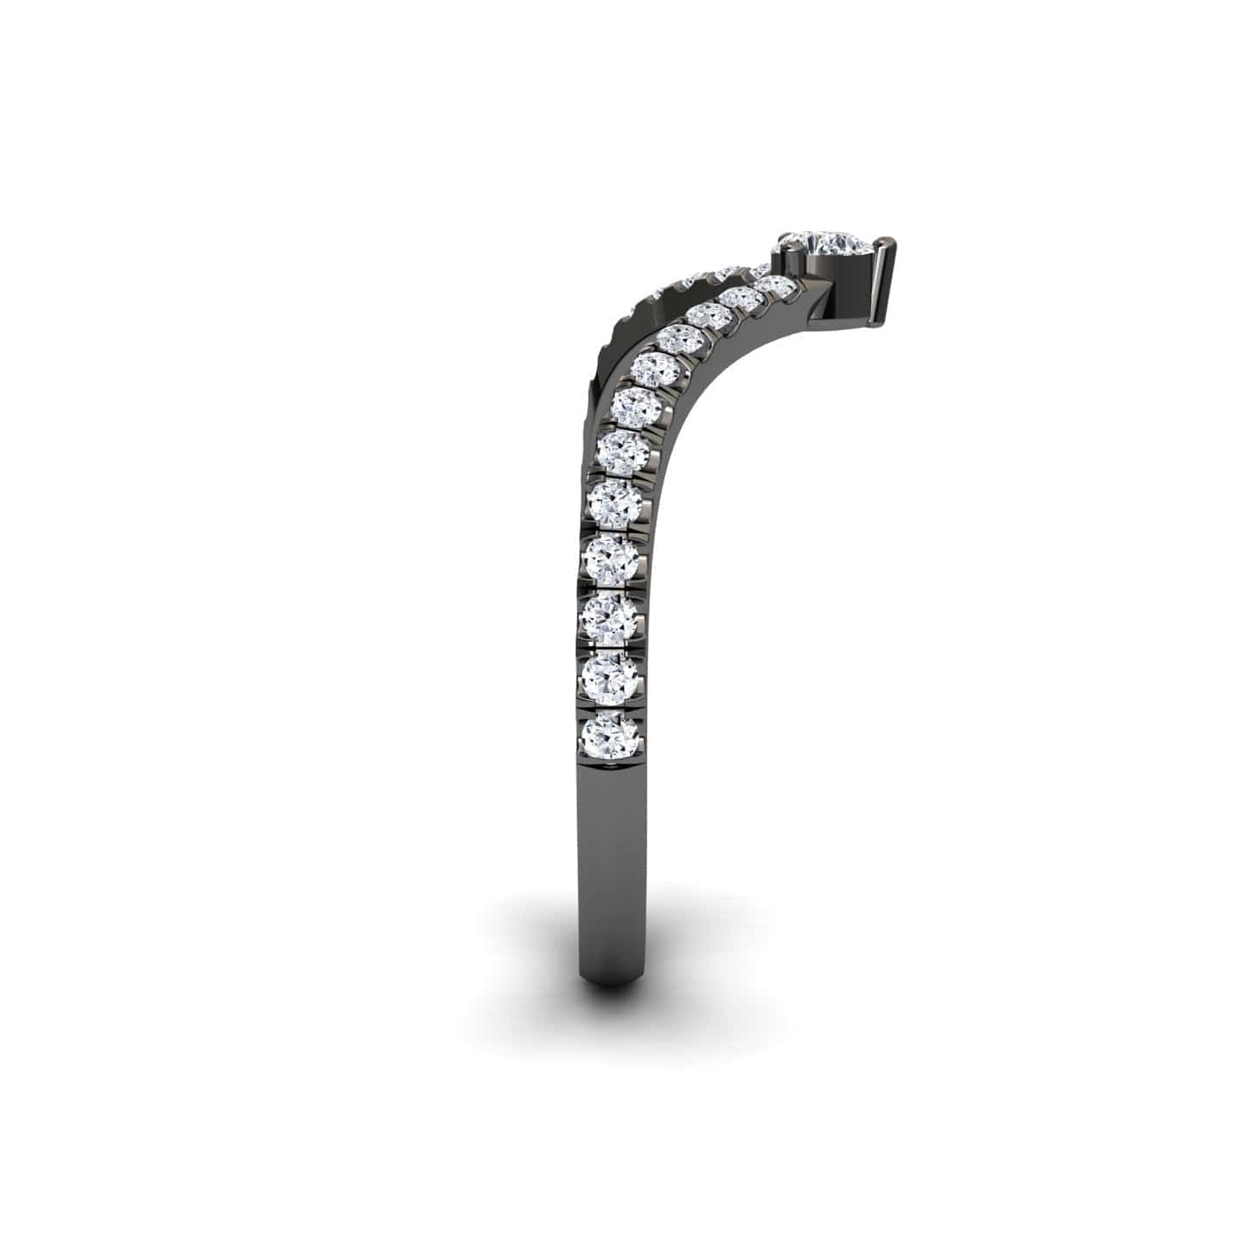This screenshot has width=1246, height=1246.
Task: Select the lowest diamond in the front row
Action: (x=612, y=735)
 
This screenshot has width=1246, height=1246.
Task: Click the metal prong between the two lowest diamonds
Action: (x=612, y=705)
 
